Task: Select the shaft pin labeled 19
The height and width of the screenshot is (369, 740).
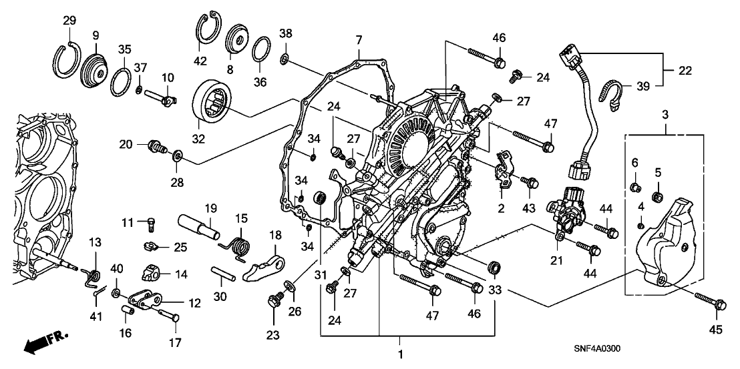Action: coord(200,223)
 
